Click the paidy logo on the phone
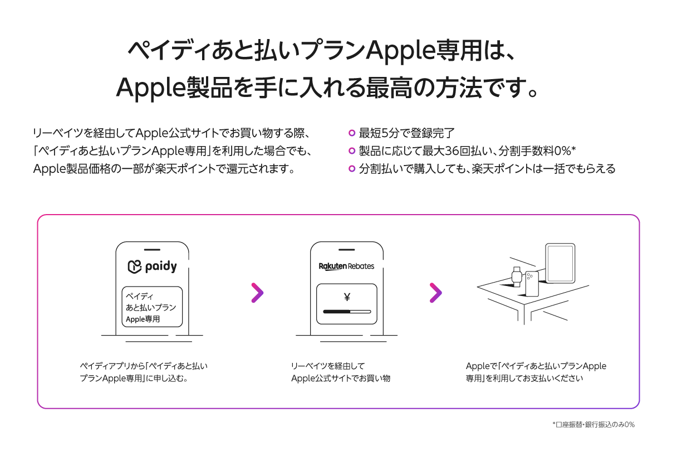tap(153, 266)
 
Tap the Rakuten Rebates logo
tap(346, 266)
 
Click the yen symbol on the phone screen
tap(347, 297)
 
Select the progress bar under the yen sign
tap(347, 312)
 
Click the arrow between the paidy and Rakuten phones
tap(258, 293)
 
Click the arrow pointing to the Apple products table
tap(436, 293)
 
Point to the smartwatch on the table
tap(517, 276)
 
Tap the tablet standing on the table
tap(560, 263)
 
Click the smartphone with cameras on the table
tap(532, 284)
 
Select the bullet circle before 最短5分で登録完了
tap(351, 133)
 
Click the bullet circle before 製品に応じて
tap(351, 151)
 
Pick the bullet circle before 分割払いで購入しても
tap(351, 168)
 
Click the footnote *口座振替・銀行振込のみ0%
tap(593, 425)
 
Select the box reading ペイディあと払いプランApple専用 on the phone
tap(152, 307)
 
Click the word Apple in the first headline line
tap(400, 51)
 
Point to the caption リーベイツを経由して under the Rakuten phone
tap(328, 366)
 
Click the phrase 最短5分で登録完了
tap(407, 133)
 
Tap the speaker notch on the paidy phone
tap(152, 250)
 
